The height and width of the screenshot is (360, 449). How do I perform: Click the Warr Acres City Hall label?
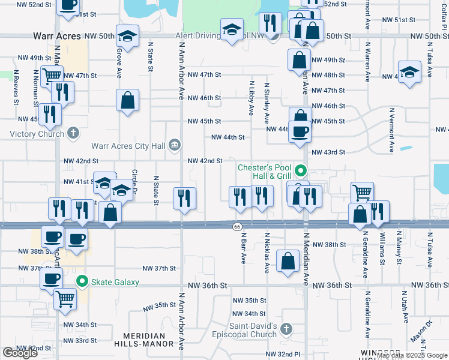coord(128,145)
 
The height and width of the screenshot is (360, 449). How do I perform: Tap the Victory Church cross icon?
coord(73,133)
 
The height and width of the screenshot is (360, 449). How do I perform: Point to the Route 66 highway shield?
coord(237,226)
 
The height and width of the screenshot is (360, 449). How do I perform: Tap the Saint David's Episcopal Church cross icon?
coord(286,329)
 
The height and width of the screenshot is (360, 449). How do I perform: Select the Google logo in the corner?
coord(20,353)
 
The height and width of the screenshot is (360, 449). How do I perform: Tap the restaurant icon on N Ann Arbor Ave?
coord(185,197)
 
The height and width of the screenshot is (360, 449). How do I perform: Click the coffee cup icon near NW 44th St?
coord(299,131)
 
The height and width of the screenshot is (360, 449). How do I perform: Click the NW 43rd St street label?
coord(328,152)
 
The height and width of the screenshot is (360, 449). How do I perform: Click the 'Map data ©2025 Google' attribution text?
coord(411,356)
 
